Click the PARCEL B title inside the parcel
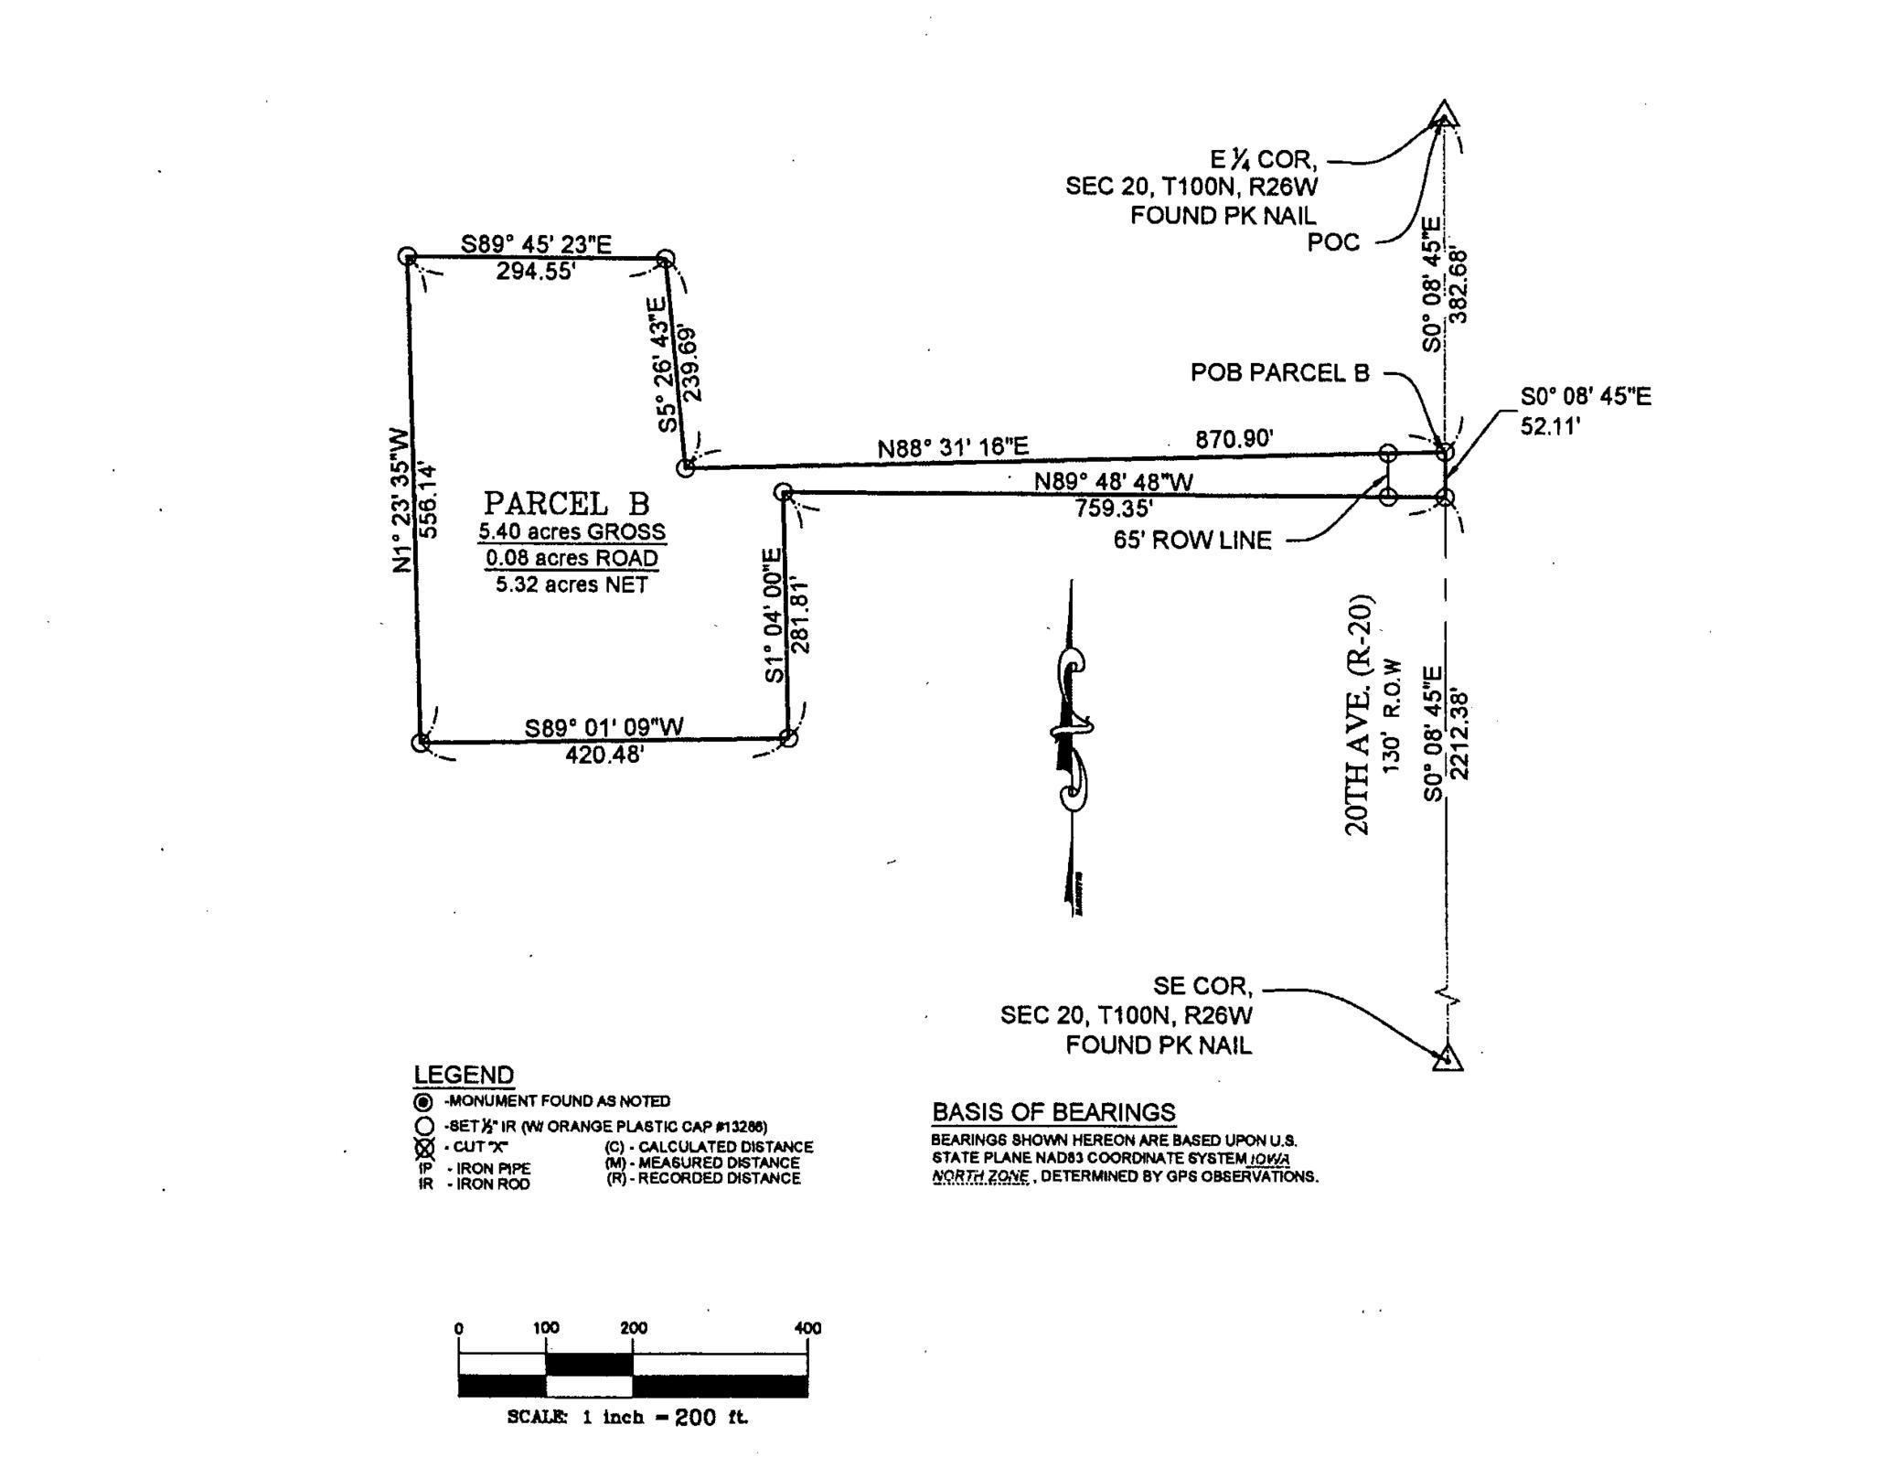[x=566, y=504]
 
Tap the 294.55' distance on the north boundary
[x=536, y=271]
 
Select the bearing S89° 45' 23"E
[x=536, y=244]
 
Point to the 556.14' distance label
[x=427, y=500]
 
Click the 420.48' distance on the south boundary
[x=604, y=755]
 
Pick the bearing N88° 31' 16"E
[x=953, y=447]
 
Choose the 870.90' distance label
[x=1234, y=439]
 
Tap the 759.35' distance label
[x=1113, y=507]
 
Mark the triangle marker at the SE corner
[x=1447, y=1057]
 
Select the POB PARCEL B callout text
[x=1279, y=373]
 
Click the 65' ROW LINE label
[x=1191, y=541]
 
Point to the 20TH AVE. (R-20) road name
[x=1359, y=715]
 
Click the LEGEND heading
[x=464, y=1075]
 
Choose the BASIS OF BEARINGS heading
[x=1053, y=1112]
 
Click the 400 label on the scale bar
[x=807, y=1328]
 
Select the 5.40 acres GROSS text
[x=572, y=531]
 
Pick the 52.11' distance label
[x=1550, y=426]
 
